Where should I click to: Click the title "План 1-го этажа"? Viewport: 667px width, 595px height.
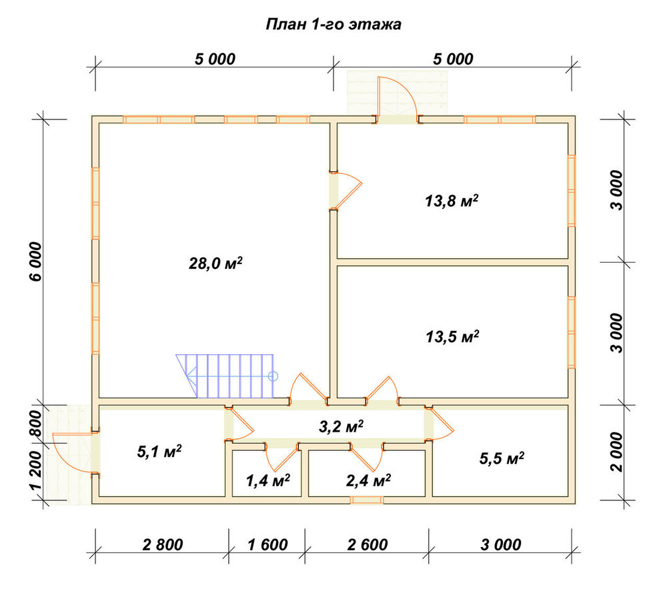333,25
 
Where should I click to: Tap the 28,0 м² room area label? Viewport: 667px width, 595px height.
215,263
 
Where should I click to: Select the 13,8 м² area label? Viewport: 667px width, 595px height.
452,200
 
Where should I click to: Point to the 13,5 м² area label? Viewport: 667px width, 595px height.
452,336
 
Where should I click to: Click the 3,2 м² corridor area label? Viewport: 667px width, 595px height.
341,426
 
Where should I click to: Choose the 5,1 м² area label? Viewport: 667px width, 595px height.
159,451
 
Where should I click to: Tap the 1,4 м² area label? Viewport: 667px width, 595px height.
268,480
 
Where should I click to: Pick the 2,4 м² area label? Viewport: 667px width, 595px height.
368,480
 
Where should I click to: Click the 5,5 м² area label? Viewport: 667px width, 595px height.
502,458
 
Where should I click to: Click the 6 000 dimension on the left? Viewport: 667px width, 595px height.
36,261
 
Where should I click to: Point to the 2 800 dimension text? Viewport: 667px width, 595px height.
163,544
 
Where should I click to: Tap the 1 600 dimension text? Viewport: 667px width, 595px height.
267,544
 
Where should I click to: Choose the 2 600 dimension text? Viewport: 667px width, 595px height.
368,544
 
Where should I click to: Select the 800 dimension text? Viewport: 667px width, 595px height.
36,423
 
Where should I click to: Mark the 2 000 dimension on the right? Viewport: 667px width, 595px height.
616,452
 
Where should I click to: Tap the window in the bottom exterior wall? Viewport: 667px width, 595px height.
367,500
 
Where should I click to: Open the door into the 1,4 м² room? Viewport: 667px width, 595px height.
281,457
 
